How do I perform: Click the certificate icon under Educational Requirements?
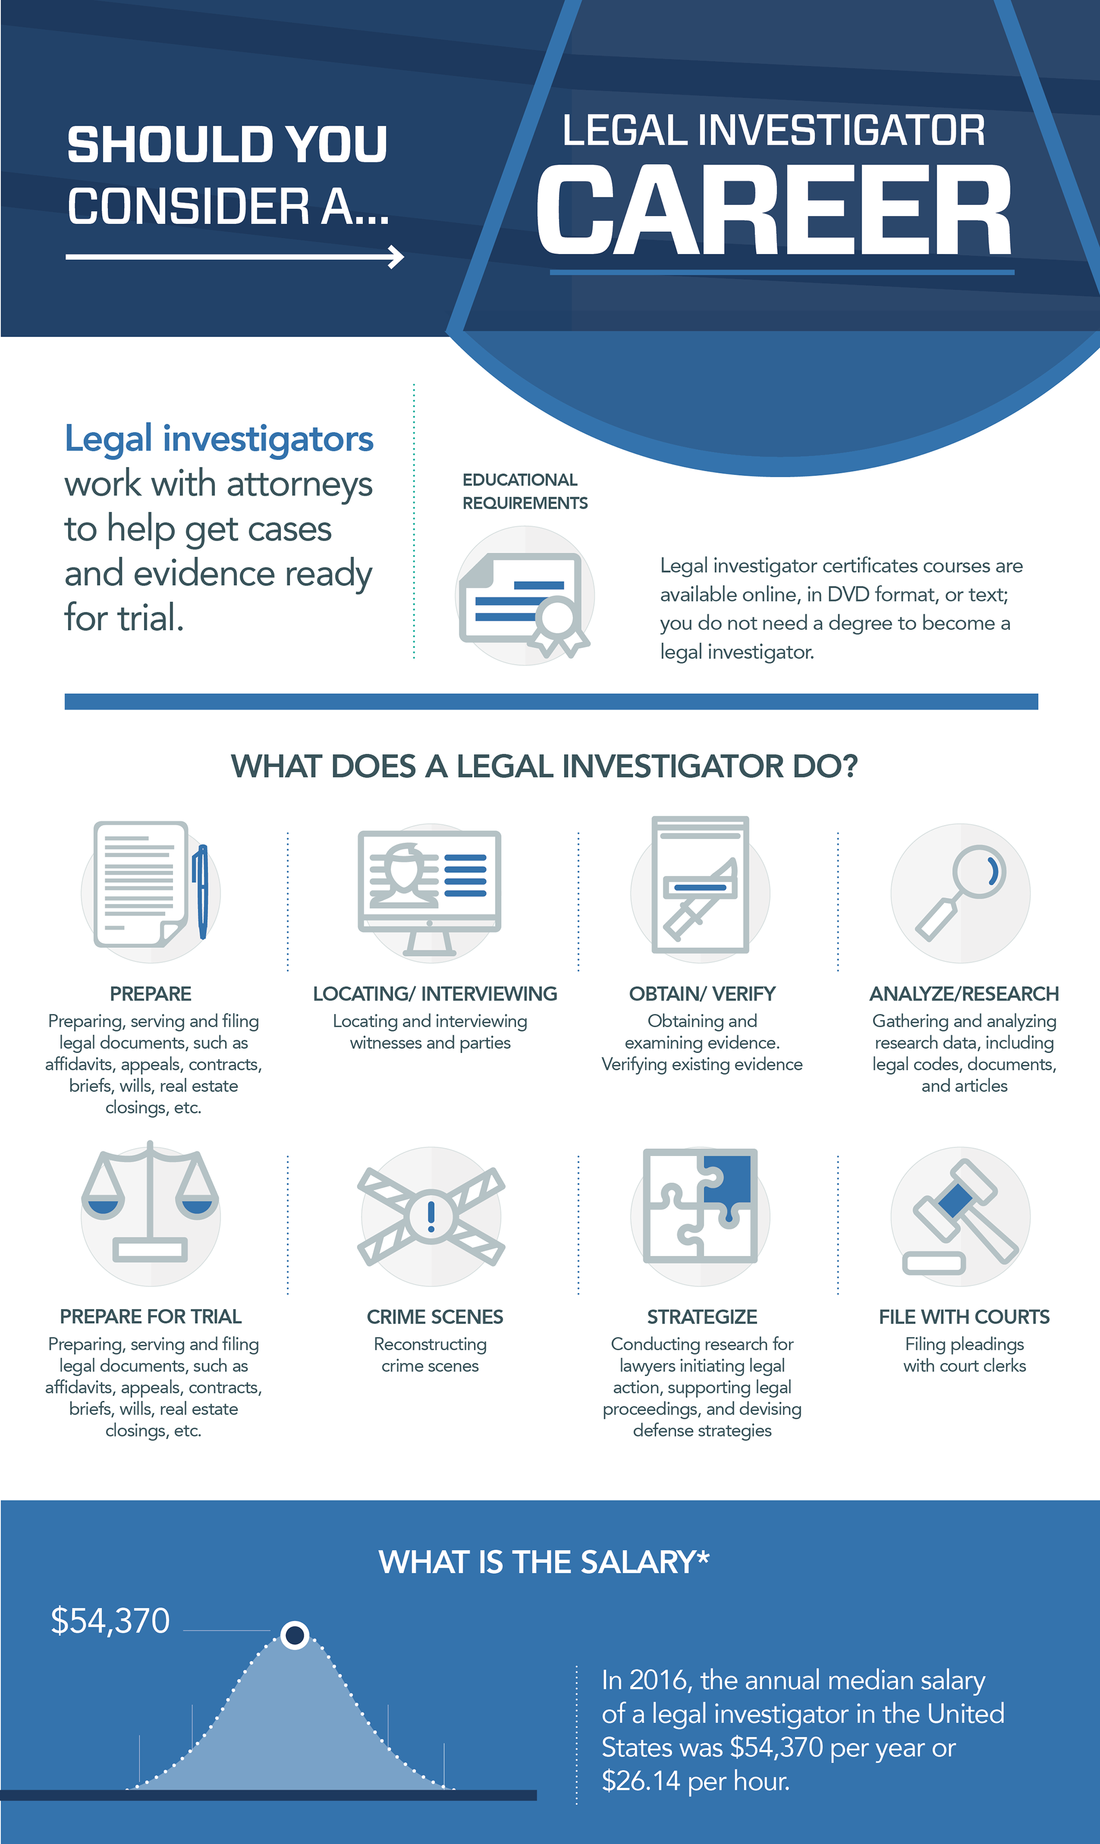(x=524, y=597)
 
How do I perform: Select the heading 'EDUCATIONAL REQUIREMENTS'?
(x=524, y=491)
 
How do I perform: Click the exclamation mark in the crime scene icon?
(x=431, y=1215)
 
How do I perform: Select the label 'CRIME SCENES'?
(x=435, y=1317)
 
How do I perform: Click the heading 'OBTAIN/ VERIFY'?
(x=702, y=994)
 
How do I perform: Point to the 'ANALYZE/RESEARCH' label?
(x=964, y=994)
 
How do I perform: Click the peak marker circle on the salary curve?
(x=295, y=1634)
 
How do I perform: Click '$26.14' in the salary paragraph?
(x=641, y=1780)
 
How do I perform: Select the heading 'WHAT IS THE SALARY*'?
(x=544, y=1563)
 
